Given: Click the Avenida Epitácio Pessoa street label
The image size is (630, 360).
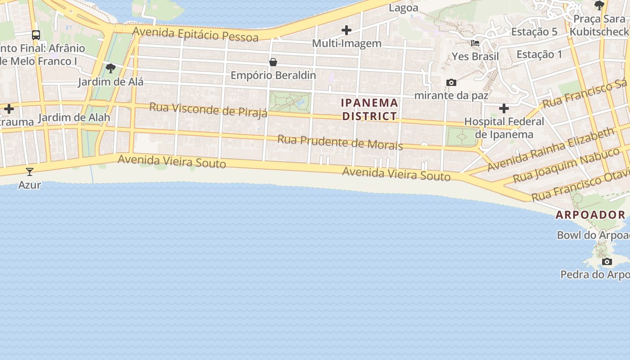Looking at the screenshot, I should tap(196, 34).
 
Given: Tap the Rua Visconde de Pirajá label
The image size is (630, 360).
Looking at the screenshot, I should tap(208, 109).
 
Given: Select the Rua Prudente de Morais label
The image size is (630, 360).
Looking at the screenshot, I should tap(340, 142).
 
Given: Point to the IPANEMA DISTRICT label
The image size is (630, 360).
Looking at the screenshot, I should tap(370, 109).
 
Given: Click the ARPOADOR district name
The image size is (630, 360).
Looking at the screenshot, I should tap(590, 215).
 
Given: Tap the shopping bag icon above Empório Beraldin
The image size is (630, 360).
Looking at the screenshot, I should tap(273, 62).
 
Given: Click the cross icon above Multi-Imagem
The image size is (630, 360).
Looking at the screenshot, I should tap(346, 30).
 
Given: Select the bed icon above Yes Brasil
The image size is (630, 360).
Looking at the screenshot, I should tap(475, 43).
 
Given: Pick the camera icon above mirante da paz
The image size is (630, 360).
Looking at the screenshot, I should tap(451, 82).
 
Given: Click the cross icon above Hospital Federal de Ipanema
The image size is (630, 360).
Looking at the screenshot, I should tap(504, 108).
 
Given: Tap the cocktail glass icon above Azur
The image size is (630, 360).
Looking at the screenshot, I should tap(30, 171).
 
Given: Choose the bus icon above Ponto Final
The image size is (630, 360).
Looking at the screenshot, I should tap(36, 35).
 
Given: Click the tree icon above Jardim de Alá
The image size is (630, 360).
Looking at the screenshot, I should tap(111, 68).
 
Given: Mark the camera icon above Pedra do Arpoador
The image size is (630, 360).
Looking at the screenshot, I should tap(607, 261).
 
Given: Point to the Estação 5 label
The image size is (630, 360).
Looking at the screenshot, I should tap(534, 32).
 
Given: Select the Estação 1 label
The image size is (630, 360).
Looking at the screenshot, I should tap(539, 55).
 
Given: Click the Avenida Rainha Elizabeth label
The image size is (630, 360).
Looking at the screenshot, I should tap(550, 149).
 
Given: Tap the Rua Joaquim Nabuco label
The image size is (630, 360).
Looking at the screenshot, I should tap(566, 165).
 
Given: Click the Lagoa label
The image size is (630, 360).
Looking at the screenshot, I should tap(403, 8).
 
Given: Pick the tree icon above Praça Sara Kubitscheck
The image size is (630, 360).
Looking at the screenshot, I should tap(599, 5).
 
